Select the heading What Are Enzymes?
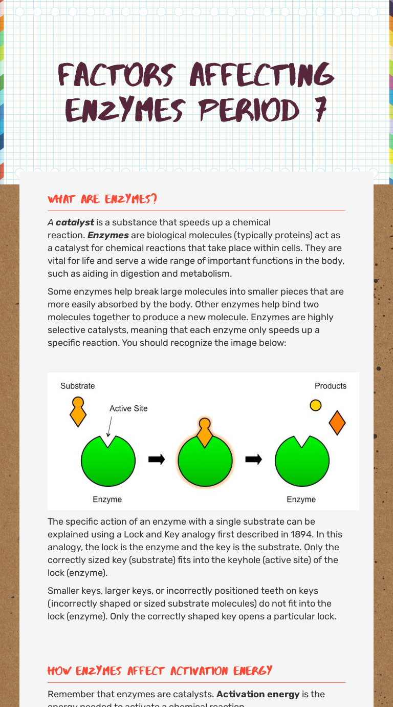[x=102, y=199]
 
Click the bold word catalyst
[x=75, y=222]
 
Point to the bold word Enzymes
[x=108, y=235]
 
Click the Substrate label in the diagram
[x=77, y=386]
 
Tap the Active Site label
[x=128, y=408]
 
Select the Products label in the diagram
[x=330, y=386]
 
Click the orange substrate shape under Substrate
[x=78, y=411]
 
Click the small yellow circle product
[x=316, y=405]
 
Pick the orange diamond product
[x=337, y=423]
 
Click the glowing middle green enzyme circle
[x=205, y=461]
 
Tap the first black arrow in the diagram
[x=156, y=460]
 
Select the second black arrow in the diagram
[x=253, y=460]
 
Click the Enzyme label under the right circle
[x=301, y=500]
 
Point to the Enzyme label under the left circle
[x=107, y=500]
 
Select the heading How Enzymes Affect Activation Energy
[x=160, y=671]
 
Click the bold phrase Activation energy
[x=258, y=694]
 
